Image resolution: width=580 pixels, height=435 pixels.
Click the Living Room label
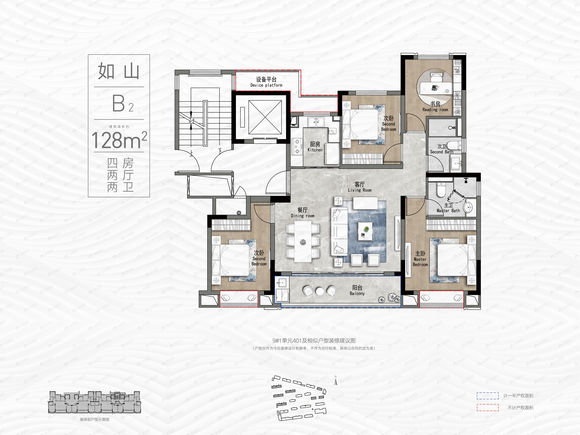pos(360,187)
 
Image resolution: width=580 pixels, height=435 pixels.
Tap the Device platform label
pos(266,82)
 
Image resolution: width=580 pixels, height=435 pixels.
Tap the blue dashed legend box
pos(487,396)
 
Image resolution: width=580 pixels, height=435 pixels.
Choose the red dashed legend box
pos(487,408)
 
